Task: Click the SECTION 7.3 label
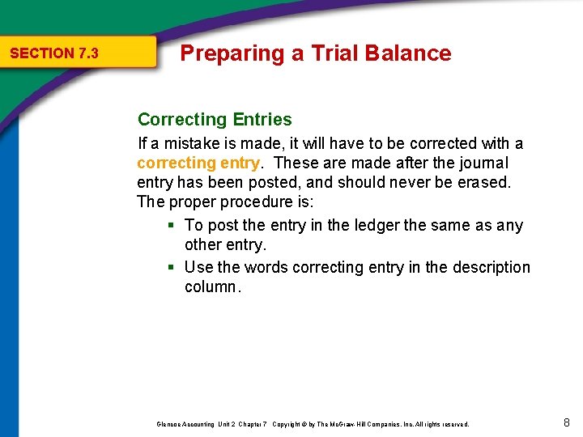click(x=53, y=53)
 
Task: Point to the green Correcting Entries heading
click(x=215, y=120)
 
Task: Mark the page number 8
click(x=566, y=422)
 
